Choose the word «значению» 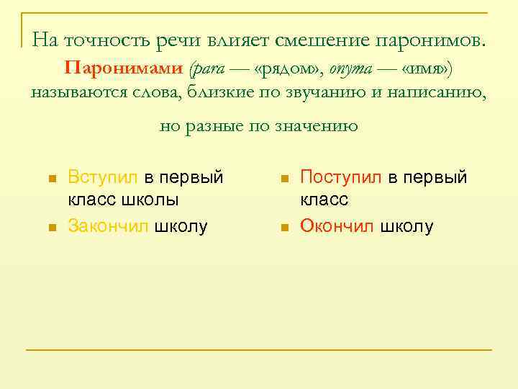pos(317,126)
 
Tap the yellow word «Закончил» pos(109,226)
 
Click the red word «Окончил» pos(337,226)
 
